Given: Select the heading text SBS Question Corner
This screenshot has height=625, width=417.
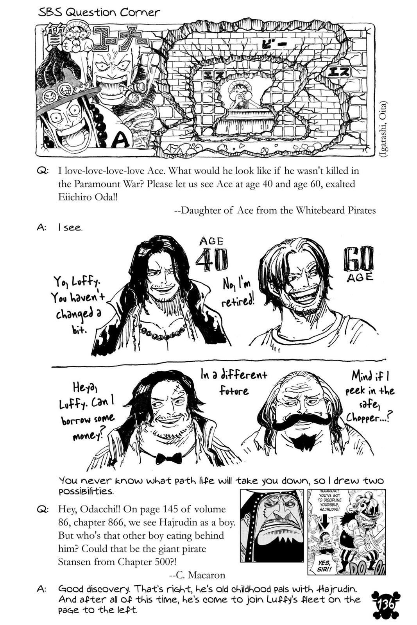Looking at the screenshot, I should (99, 12).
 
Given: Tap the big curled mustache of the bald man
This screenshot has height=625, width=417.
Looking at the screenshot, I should (302, 421).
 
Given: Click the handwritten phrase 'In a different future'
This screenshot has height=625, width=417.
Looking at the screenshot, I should (234, 382).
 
